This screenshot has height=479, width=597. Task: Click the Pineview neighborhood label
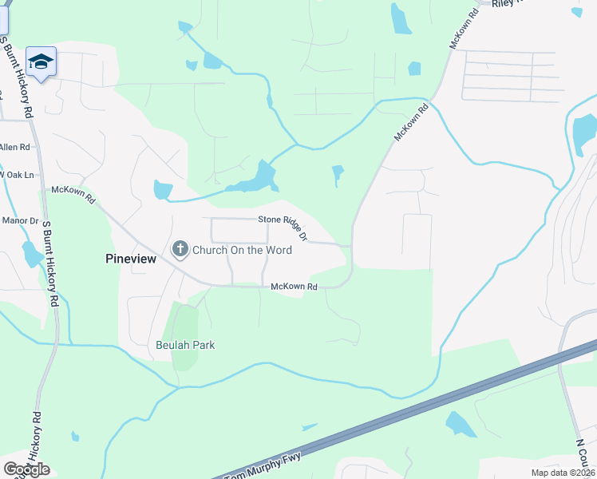(x=131, y=258)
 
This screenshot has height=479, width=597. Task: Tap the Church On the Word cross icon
(x=180, y=250)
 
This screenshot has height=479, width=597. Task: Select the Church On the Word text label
(x=242, y=250)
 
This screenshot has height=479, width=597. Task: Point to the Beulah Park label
(x=185, y=345)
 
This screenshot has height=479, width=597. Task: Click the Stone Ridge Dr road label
(x=283, y=224)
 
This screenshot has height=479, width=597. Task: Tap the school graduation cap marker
(x=41, y=61)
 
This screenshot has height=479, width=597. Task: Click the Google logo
(x=26, y=469)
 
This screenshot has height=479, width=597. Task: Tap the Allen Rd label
(x=14, y=147)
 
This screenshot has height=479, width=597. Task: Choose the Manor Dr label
(x=20, y=220)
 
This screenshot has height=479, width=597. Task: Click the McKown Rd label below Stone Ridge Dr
(x=295, y=287)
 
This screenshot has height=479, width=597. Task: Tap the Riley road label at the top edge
(x=508, y=4)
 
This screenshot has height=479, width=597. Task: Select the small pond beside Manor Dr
(x=33, y=254)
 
